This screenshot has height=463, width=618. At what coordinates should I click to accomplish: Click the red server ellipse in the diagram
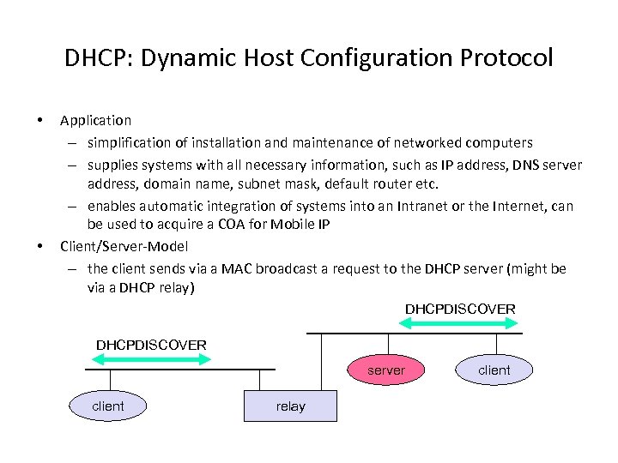tap(385, 370)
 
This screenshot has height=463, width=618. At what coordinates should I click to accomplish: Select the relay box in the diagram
tap(290, 406)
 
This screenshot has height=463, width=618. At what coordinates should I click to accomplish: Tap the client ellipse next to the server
tap(494, 370)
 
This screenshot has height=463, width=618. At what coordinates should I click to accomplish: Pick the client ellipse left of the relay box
tap(108, 406)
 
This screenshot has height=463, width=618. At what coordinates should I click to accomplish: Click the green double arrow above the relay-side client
tap(149, 359)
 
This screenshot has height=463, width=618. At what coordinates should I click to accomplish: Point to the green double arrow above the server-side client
tap(460, 323)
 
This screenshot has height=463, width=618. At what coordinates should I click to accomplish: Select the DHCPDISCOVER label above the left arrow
tap(151, 345)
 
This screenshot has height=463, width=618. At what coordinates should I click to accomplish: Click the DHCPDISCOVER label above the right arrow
tap(460, 309)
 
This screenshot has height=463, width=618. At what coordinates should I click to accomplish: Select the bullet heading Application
tap(95, 120)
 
